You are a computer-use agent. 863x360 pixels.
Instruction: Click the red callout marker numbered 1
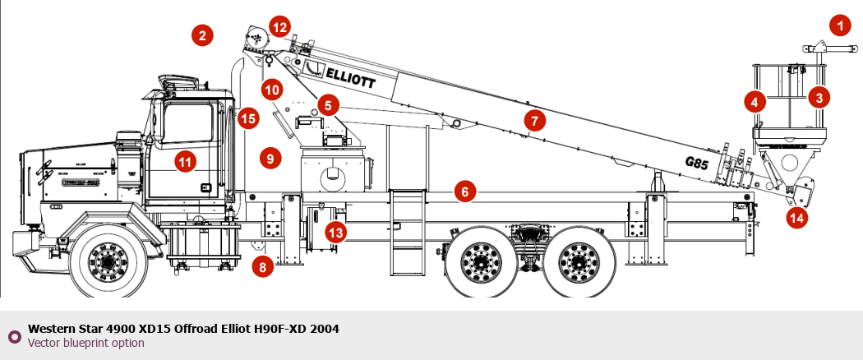pos(839,26)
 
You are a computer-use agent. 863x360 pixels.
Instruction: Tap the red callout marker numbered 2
pos(202,35)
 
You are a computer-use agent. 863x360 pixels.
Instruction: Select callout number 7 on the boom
pos(534,122)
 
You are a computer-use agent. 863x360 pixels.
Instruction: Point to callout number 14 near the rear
pos(796,218)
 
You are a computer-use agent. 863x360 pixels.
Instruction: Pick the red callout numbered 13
pos(335,232)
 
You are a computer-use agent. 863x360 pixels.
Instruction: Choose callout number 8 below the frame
pos(262,266)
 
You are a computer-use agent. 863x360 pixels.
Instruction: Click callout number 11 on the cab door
pos(186,162)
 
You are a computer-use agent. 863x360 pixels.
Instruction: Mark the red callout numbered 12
pos(280,27)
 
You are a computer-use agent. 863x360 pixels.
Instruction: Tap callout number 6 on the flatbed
pos(464,192)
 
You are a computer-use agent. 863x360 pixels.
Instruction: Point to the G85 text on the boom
pos(696,163)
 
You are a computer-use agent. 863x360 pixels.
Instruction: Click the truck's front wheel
pos(108,262)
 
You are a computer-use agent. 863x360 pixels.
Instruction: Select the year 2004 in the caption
pos(324,329)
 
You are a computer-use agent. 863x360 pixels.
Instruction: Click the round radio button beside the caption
pos(14,335)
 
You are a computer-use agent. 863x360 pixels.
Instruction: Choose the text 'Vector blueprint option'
pos(86,343)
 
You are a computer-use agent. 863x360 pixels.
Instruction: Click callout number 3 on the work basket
pos(818,97)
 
